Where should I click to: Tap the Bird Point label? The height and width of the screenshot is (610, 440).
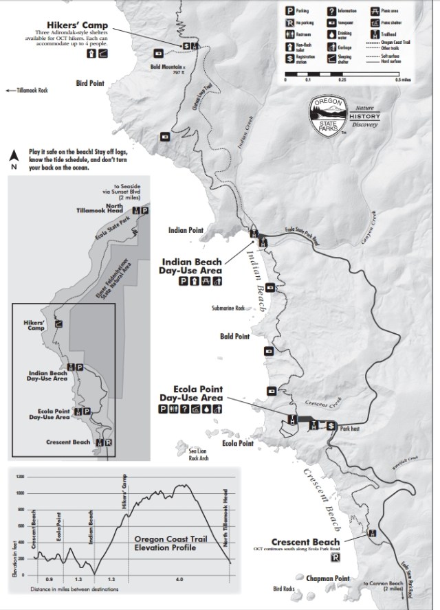pyautogui.click(x=89, y=83)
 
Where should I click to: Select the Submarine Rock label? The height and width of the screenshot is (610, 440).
pyautogui.click(x=230, y=308)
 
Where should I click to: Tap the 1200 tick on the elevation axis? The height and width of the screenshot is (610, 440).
pyautogui.click(x=20, y=476)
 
